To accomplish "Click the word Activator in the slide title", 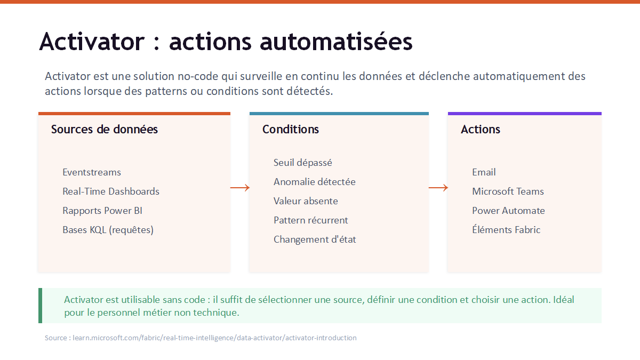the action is (92, 42).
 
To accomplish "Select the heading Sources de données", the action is (105, 130).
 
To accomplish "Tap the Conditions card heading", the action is (291, 130).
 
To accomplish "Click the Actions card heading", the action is (481, 130).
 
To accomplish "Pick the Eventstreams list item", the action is (92, 172).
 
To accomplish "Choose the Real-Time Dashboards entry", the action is (111, 191).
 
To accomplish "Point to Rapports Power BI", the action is (102, 211).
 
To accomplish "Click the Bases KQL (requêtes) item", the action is (108, 230).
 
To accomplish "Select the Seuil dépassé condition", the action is (303, 163).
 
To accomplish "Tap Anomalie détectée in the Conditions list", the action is (315, 182).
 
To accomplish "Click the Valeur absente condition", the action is (306, 201).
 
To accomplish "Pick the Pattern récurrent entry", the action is (311, 220).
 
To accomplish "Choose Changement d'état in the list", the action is (315, 239).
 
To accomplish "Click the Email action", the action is (484, 172).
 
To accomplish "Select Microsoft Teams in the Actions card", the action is (508, 191).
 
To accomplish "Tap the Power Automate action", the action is (509, 211).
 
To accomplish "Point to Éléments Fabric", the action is (506, 230).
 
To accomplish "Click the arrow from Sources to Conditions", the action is (240, 188).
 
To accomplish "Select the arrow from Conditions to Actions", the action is (438, 188).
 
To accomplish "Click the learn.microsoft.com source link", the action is (214, 338).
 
